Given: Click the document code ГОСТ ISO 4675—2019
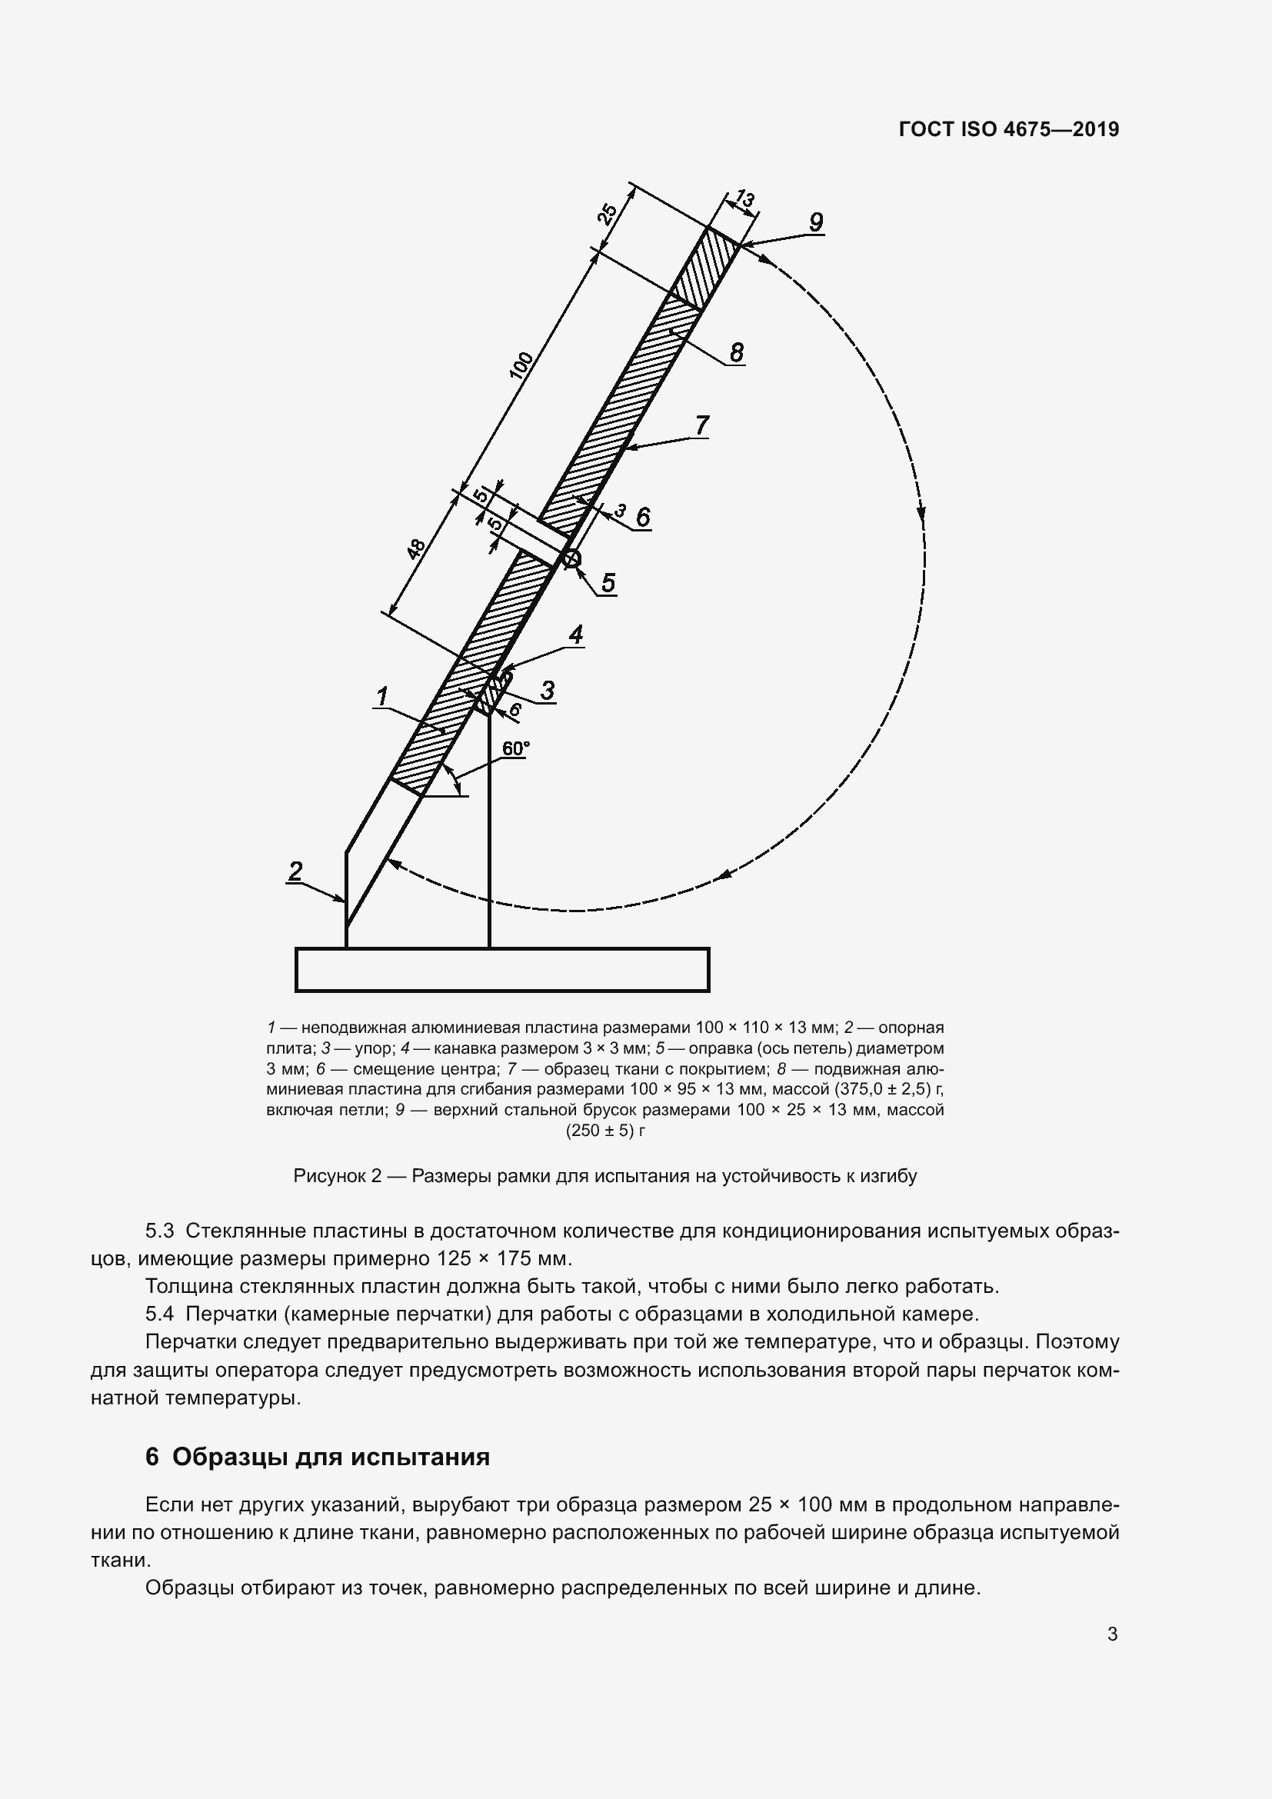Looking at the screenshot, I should (x=1009, y=129).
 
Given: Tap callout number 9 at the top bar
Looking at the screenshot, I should (x=815, y=222).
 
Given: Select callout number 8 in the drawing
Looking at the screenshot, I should (x=736, y=352).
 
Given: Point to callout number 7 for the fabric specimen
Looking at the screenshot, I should (x=702, y=425).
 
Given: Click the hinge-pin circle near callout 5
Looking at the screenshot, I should (x=571, y=558).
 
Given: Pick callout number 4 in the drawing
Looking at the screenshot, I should (x=576, y=634).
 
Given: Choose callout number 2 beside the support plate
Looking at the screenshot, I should (x=295, y=871).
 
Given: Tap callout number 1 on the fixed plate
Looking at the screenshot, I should (x=382, y=696).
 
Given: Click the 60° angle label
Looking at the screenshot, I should (x=515, y=749).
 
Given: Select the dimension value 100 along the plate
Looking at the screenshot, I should (x=521, y=366).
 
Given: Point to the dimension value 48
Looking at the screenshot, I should (x=415, y=548).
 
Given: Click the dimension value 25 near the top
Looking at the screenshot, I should (x=608, y=214).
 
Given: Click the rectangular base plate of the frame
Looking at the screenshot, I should (x=502, y=969).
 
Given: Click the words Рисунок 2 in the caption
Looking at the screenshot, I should (x=337, y=1175).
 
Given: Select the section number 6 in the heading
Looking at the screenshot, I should (x=152, y=1457).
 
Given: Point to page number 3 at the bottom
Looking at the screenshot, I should (x=1112, y=1634).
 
